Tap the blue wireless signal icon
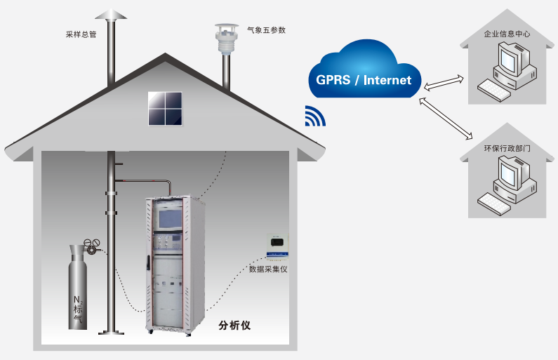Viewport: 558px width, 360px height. [314, 116]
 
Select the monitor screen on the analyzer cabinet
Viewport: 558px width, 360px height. [171, 218]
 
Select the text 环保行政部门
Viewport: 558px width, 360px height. [507, 147]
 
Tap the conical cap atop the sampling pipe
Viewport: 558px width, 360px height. [112, 15]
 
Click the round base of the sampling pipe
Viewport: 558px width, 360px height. [112, 331]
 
